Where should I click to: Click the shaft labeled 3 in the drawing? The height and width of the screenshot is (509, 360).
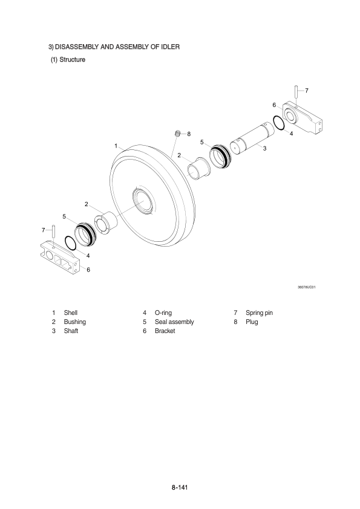252,138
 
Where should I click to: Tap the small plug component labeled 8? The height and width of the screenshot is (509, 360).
177,133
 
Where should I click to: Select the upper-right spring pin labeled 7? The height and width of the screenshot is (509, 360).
296,91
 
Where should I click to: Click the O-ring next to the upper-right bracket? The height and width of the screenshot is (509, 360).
279,123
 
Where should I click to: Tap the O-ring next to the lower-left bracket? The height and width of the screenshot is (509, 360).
71,243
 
